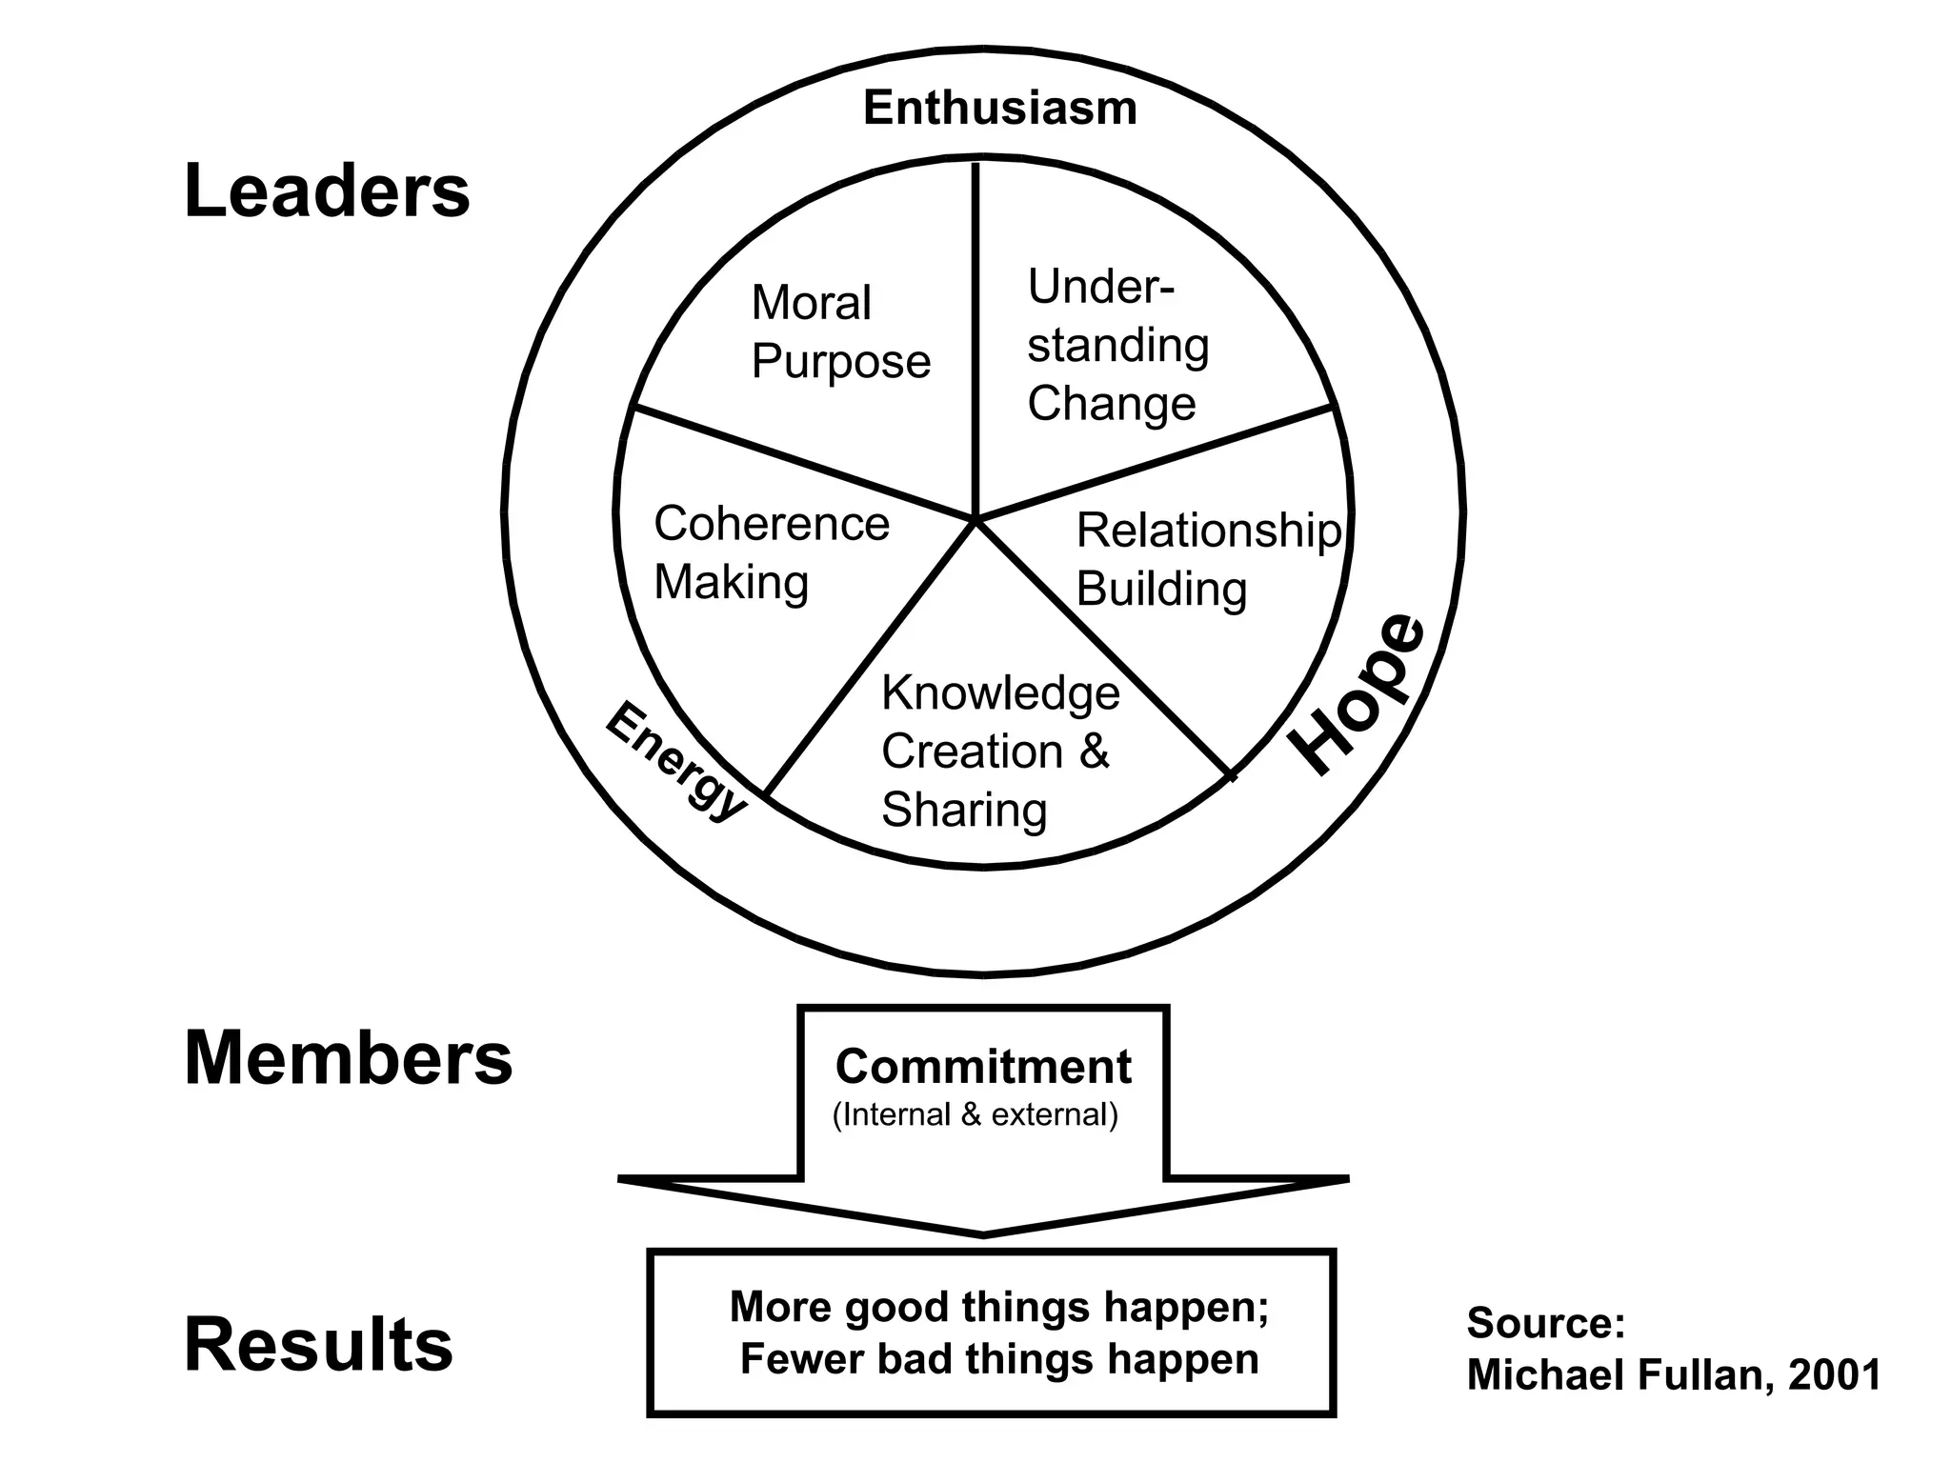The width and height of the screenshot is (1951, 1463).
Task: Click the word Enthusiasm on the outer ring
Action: pos(999,109)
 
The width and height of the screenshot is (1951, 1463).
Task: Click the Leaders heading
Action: pos(327,191)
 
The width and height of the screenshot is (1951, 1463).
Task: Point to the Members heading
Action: pos(348,1059)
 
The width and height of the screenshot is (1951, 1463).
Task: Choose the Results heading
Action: pos(318,1345)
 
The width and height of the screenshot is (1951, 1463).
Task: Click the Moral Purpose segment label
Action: pos(839,332)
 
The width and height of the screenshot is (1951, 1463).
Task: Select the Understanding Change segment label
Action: pos(1116,345)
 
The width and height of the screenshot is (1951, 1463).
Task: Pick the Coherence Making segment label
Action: pos(771,552)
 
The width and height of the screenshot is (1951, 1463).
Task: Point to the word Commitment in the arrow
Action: pos(983,1067)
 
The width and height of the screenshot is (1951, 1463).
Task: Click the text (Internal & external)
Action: pos(975,1114)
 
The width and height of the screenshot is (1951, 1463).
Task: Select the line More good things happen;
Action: pos(998,1307)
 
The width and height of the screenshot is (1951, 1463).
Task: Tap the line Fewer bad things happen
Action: pos(998,1359)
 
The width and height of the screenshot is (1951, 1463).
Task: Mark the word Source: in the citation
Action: pos(1545,1323)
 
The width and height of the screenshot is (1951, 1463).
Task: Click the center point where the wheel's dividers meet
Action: pos(975,519)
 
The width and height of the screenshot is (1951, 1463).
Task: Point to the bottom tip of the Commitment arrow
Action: pos(983,1235)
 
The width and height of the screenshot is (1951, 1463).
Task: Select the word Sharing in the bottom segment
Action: pos(964,811)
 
